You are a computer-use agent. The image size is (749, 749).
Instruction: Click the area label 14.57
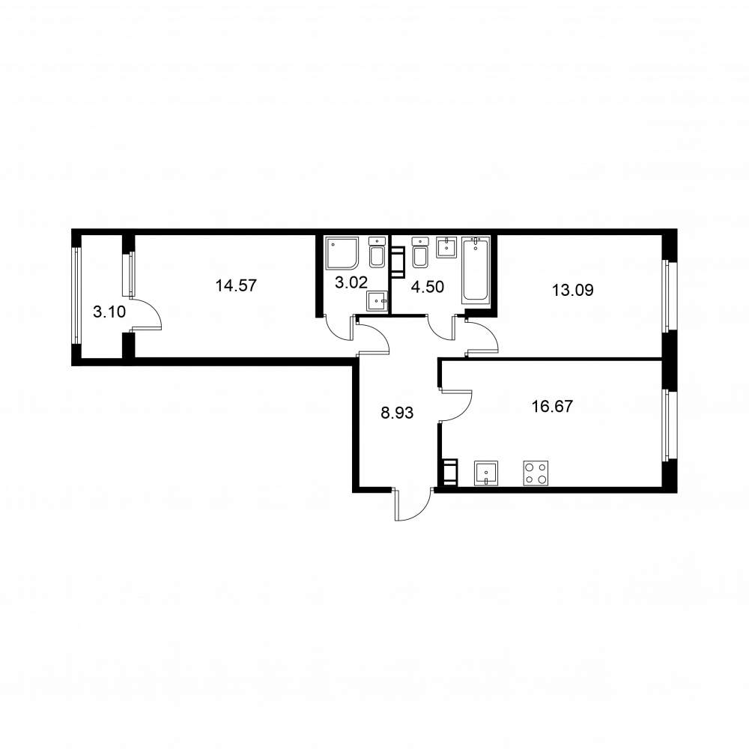236,285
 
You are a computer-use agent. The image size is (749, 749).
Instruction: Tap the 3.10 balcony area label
109,312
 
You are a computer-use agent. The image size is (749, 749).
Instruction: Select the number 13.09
573,290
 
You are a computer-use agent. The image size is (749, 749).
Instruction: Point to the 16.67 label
552,407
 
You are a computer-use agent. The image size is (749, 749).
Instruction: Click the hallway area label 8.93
397,413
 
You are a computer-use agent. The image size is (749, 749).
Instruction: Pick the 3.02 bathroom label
351,282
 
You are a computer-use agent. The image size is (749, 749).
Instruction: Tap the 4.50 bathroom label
428,287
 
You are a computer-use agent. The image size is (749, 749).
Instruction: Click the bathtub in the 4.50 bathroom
476,270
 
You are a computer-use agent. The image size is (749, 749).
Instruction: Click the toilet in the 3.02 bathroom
377,252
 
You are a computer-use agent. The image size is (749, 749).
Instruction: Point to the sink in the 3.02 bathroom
377,301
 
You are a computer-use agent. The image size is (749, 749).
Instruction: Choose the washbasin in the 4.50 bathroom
447,247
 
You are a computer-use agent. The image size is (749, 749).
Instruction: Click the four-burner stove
536,473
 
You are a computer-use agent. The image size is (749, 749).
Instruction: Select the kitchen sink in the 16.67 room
486,473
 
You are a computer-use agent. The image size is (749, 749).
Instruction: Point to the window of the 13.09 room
669,296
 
